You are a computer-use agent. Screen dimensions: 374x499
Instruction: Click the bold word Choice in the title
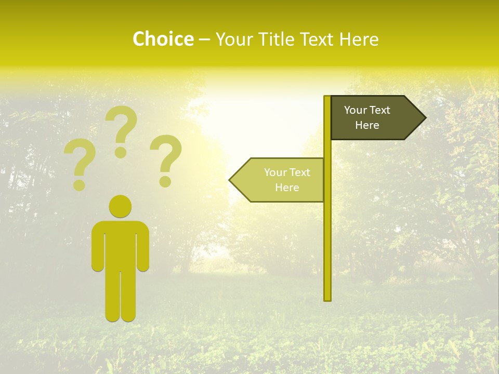click(x=163, y=39)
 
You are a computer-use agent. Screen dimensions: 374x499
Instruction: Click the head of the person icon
click(x=120, y=206)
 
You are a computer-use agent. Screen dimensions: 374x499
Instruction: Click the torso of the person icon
click(x=120, y=244)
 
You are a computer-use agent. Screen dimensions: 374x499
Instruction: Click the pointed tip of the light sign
click(x=231, y=180)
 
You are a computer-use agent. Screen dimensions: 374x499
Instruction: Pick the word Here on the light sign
click(x=287, y=188)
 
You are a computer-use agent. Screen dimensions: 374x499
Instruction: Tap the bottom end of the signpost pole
click(x=327, y=298)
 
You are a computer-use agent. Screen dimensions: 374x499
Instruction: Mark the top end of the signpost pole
click(x=327, y=98)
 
